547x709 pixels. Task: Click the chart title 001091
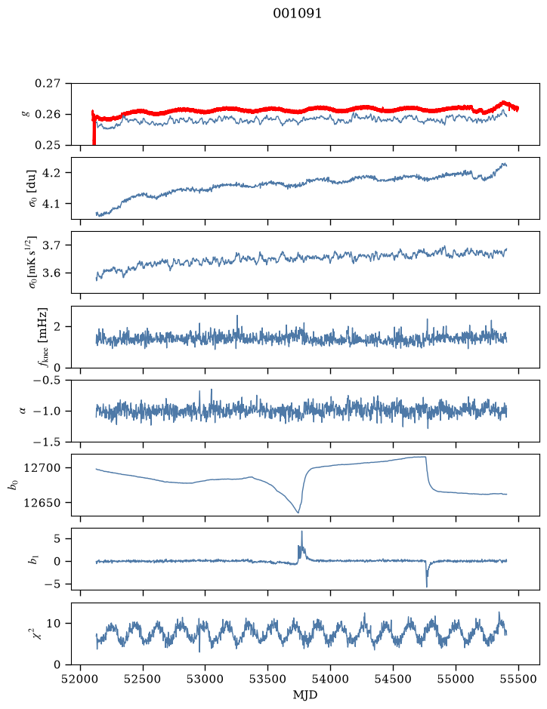click(x=297, y=14)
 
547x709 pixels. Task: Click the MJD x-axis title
click(x=305, y=695)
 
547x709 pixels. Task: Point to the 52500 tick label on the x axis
click(x=143, y=679)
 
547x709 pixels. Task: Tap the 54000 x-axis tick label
click(x=330, y=679)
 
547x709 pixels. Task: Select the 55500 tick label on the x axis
click(x=518, y=679)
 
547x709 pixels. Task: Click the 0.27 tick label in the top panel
click(x=47, y=84)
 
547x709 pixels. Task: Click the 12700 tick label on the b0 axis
click(x=42, y=468)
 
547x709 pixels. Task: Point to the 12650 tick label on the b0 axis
click(x=42, y=503)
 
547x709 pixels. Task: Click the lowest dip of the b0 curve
click(x=298, y=512)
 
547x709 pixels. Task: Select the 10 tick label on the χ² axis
click(x=54, y=624)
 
